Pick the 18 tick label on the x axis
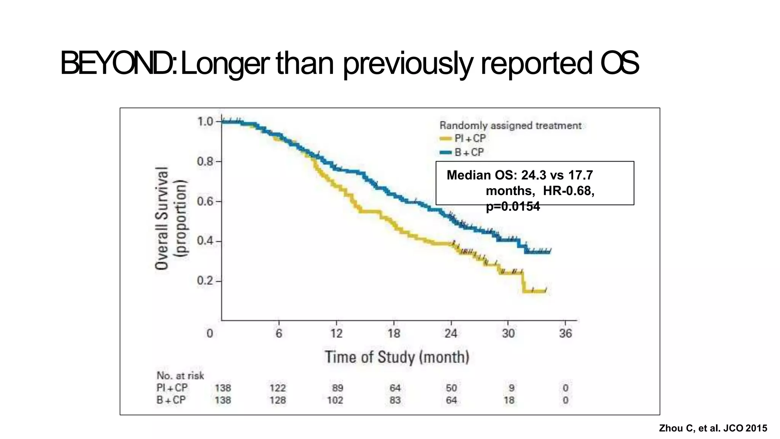coord(394,333)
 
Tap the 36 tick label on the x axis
coord(566,333)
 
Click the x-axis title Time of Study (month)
coord(396,357)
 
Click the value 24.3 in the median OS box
coord(534,175)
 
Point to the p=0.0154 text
coord(513,207)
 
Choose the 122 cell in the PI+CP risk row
coord(278,388)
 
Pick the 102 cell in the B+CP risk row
coord(335,400)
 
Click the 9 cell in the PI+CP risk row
coord(511,388)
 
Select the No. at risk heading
coord(180,375)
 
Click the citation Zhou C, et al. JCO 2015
coord(713,428)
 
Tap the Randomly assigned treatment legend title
coord(510,125)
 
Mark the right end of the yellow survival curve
coord(546,291)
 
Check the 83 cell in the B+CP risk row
coord(395,400)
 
